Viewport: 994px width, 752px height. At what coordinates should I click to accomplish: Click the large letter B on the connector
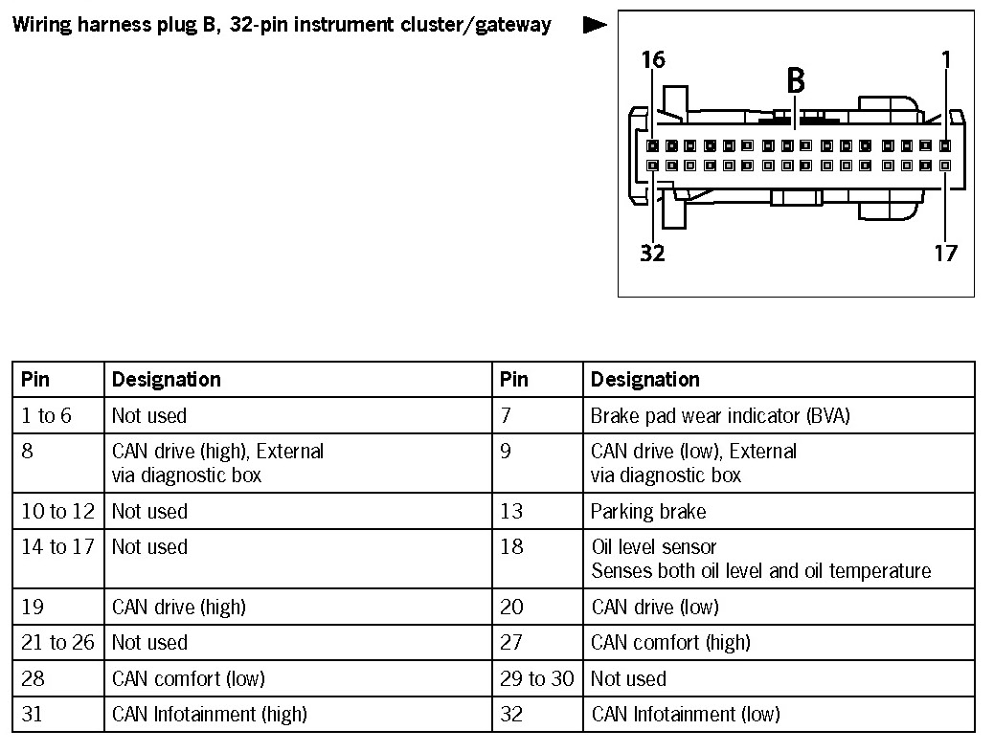[x=795, y=80]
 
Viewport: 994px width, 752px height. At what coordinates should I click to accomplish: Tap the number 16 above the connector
[x=653, y=60]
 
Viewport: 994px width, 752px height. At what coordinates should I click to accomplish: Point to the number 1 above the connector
[x=946, y=60]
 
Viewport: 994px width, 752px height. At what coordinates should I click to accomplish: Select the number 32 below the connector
[x=653, y=254]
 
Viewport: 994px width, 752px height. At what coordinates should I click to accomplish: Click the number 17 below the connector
[x=945, y=254]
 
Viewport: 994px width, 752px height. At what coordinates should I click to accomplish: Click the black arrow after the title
[x=595, y=25]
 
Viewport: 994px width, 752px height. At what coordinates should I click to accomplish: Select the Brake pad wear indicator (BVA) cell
[x=719, y=415]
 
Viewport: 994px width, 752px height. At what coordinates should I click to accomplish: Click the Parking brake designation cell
[x=648, y=511]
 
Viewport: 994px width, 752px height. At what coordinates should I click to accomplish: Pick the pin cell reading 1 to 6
[x=46, y=415]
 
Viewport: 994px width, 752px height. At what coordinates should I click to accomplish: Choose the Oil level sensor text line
[x=654, y=547]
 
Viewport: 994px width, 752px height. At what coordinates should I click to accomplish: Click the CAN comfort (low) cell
[x=188, y=678]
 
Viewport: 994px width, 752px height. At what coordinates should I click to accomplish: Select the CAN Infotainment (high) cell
[x=209, y=714]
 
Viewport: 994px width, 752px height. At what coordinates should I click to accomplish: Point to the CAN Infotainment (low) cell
[x=686, y=714]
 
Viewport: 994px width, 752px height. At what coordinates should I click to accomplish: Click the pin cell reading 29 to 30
[x=536, y=678]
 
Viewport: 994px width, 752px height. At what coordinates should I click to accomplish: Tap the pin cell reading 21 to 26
[x=57, y=643]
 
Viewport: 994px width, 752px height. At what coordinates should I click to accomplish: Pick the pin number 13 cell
[x=511, y=511]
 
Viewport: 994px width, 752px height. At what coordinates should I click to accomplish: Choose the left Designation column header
[x=166, y=380]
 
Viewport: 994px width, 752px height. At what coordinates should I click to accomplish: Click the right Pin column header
[x=513, y=380]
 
